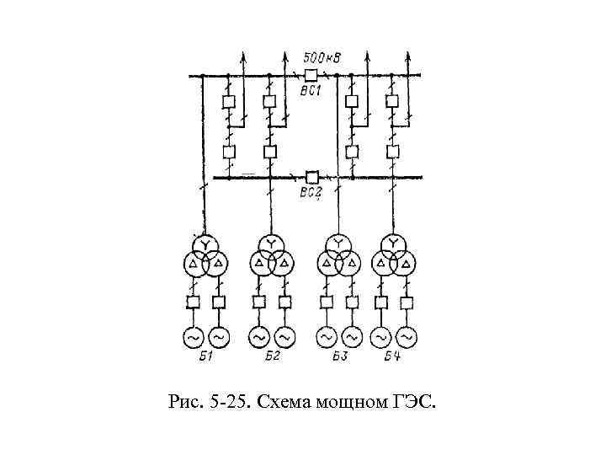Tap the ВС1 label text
coord(311,90)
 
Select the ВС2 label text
coord(311,193)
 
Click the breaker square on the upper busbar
coord(311,75)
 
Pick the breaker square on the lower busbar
coord(311,177)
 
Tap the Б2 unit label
coord(271,356)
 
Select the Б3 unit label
coord(339,356)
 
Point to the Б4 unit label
coord(393,356)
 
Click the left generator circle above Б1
coord(193,337)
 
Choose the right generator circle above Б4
coord(407,337)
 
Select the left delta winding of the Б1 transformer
coord(194,264)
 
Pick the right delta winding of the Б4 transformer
coord(407,264)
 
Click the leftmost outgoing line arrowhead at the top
coord(244,55)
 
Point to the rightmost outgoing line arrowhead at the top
coord(409,55)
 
